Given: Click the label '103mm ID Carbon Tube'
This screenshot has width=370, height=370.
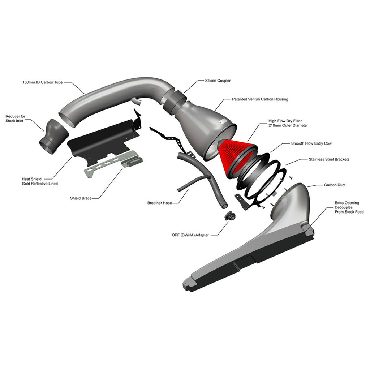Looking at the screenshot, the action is click(43, 82).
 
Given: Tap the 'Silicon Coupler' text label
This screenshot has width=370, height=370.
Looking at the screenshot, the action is click(218, 81).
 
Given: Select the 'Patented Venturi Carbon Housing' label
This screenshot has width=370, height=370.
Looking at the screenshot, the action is click(260, 99).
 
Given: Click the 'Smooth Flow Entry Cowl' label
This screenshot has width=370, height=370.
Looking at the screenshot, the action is click(312, 143).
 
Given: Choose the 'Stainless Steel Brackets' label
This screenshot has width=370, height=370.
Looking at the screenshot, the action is click(329, 159).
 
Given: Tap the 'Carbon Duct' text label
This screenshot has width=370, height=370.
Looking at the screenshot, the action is click(335, 185).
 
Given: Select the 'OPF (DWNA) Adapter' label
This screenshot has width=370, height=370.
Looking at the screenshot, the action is click(190, 235).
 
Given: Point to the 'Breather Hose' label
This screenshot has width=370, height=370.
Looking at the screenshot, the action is click(159, 203).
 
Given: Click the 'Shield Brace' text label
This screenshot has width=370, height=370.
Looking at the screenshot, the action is click(81, 198).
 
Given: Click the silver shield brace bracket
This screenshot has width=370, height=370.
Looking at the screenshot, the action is click(113, 163).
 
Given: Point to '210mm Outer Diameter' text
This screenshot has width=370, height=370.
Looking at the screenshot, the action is click(288, 125).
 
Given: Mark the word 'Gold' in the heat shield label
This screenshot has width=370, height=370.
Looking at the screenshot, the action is click(26, 184).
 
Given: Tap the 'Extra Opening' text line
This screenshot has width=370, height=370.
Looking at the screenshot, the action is click(347, 203).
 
